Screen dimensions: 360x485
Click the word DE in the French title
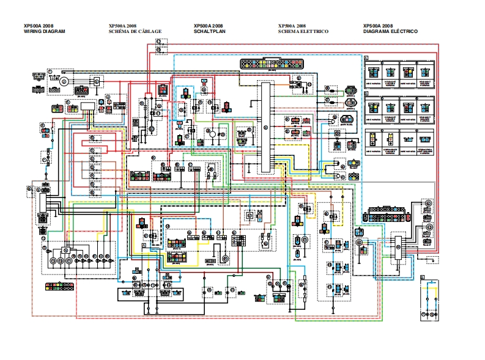pos(133,31)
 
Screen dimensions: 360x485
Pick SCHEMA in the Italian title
pos(288,31)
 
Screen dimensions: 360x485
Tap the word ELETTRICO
pos(314,31)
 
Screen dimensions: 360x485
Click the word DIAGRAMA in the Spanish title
pos(376,31)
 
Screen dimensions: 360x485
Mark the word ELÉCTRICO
pos(404,31)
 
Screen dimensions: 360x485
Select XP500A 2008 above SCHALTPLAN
pos(208,26)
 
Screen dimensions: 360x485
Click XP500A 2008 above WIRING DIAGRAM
pos(37,26)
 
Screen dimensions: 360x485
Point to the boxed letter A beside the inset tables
pos(366,58)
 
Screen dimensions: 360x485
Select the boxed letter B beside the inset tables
pos(366,93)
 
